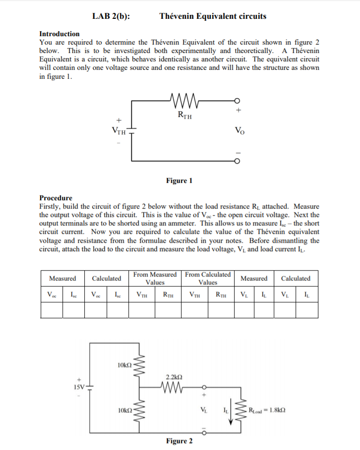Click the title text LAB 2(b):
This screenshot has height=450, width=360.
(111, 16)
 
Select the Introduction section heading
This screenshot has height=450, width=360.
(59, 34)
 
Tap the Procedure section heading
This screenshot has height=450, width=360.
(56, 198)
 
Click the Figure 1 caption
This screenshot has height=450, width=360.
(179, 180)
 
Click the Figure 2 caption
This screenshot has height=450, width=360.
(180, 441)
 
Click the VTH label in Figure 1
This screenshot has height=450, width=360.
(118, 131)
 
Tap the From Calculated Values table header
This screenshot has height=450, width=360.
(208, 278)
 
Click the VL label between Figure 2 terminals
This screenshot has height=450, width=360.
(203, 410)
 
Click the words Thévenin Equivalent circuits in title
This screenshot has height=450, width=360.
(213, 16)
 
